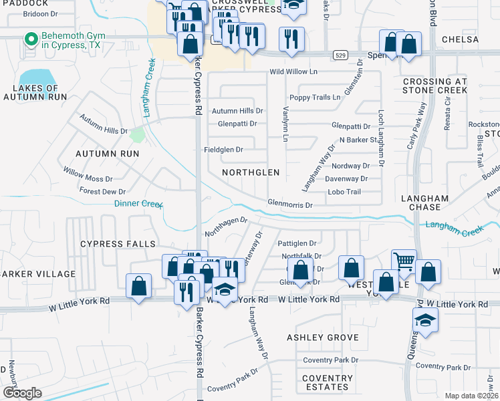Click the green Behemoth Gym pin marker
tap(30, 40)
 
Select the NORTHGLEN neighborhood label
tap(251, 172)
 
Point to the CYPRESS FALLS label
tap(118, 244)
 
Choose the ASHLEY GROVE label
tap(323, 338)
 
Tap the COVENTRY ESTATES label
tap(328, 382)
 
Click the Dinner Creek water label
tap(138, 204)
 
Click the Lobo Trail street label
tap(344, 192)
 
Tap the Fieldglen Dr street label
tap(223, 150)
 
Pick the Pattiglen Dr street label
tap(297, 244)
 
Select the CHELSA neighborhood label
tap(461, 39)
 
